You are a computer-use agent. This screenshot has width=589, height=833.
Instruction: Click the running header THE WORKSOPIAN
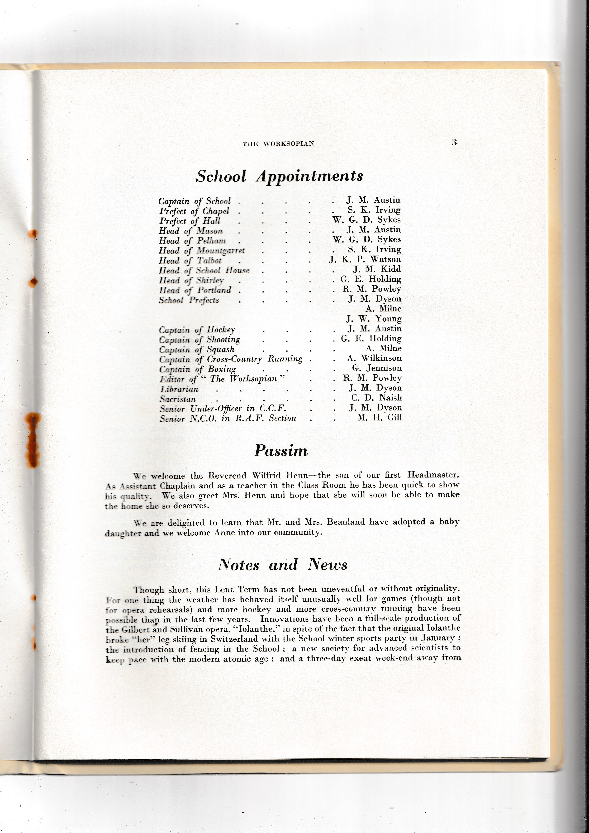[x=278, y=144]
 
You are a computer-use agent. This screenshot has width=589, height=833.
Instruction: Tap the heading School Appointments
[x=279, y=176]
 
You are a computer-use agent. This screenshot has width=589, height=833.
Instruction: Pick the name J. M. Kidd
[x=377, y=269]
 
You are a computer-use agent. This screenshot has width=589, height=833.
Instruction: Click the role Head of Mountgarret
[x=202, y=251]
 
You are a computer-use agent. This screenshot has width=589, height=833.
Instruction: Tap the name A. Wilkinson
[x=374, y=358]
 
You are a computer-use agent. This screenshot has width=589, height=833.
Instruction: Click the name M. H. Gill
[x=379, y=418]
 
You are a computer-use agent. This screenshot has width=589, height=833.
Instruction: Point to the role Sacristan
[x=178, y=399]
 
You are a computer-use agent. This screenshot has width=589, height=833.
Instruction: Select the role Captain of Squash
[x=197, y=350]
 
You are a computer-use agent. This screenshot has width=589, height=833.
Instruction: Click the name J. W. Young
[x=374, y=319]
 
